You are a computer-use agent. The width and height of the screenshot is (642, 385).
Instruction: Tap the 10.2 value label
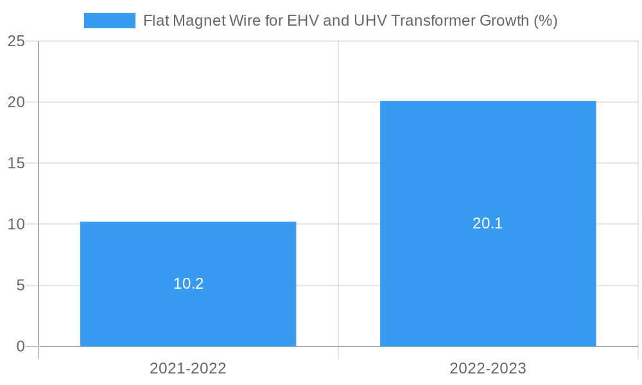[x=188, y=284]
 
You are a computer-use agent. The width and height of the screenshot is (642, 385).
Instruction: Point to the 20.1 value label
[x=488, y=223]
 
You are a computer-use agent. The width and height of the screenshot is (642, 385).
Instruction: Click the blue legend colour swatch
[x=110, y=21]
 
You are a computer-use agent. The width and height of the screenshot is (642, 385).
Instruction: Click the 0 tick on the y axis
[x=21, y=346]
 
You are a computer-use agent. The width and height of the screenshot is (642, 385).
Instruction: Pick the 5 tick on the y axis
[x=21, y=286]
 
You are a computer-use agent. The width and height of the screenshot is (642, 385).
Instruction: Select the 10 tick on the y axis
[x=16, y=225]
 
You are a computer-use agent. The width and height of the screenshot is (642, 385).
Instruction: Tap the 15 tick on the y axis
[x=16, y=163]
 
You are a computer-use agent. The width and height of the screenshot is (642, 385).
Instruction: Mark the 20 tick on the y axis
[x=16, y=102]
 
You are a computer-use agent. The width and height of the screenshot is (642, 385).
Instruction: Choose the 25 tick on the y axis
[x=16, y=41]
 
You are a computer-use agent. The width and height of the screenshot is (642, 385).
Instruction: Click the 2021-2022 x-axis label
[x=188, y=368]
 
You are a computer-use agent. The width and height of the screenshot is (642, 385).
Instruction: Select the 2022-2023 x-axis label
[x=488, y=368]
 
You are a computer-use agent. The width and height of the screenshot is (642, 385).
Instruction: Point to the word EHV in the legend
[x=302, y=21]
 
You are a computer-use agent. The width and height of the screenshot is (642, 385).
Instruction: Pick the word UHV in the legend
[x=370, y=21]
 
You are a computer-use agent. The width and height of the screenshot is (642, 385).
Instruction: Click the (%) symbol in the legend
[x=545, y=21]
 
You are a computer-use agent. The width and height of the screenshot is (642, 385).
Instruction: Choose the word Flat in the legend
[x=156, y=21]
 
